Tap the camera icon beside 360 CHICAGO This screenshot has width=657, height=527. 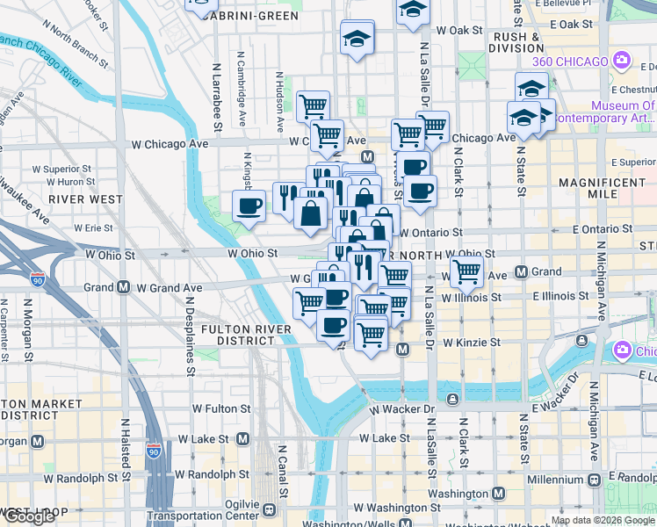[622, 61]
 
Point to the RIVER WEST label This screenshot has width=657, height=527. [85, 199]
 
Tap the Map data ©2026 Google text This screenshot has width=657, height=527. [603, 520]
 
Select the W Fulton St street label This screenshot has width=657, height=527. [221, 408]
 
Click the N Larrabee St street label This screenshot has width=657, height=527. [217, 87]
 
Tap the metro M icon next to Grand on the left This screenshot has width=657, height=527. [123, 287]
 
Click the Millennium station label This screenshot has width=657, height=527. [555, 480]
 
